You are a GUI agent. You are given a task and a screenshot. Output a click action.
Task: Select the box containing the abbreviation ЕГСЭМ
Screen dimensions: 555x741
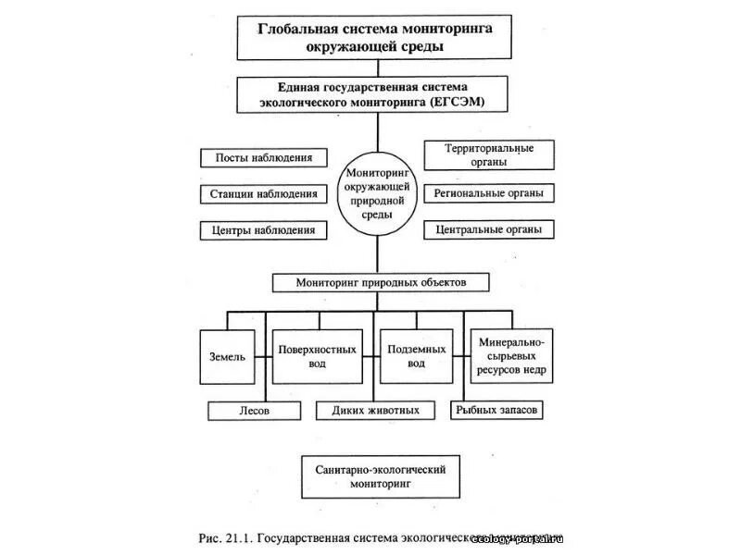point(375,93)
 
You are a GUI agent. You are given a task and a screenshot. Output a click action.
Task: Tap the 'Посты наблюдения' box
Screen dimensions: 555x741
point(264,157)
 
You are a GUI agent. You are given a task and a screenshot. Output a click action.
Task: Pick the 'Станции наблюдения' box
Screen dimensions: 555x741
point(264,194)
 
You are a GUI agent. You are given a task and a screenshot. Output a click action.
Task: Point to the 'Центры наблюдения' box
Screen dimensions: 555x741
point(264,230)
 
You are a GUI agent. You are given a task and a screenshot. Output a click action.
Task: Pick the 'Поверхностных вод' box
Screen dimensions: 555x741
point(317,356)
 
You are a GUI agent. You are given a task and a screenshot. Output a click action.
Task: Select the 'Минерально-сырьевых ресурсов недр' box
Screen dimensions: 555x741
point(512,356)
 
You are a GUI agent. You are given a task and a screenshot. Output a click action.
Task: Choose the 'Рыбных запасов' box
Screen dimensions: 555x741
point(496,410)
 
